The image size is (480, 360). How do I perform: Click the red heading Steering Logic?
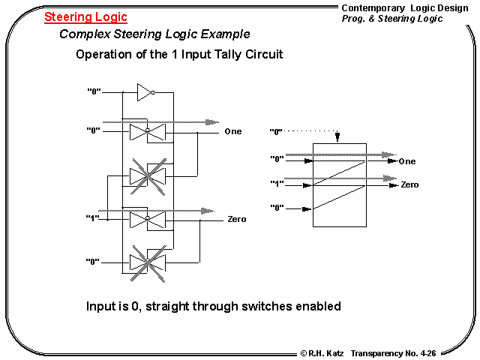click(85, 16)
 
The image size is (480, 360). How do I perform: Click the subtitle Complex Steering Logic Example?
click(154, 34)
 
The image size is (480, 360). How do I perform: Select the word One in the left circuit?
click(233, 132)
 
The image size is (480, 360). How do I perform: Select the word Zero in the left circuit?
click(237, 220)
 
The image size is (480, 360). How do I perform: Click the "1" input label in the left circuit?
click(94, 218)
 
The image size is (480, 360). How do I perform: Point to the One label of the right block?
click(407, 161)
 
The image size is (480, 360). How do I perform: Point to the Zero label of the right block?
click(409, 184)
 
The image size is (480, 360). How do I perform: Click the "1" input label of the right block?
click(277, 183)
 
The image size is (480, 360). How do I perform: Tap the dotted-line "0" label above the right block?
click(277, 132)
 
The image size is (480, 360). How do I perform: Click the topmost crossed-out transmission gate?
click(146, 175)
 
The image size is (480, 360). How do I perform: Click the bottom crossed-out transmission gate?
click(146, 262)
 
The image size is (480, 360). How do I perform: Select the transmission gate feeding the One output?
click(146, 133)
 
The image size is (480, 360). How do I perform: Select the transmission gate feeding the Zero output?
click(146, 219)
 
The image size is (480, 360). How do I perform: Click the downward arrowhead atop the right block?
click(339, 138)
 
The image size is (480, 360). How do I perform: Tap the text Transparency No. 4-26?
click(407, 352)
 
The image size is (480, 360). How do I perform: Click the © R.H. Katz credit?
click(322, 352)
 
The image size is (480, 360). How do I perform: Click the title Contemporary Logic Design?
click(404, 7)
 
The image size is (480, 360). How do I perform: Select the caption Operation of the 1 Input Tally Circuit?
click(179, 55)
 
